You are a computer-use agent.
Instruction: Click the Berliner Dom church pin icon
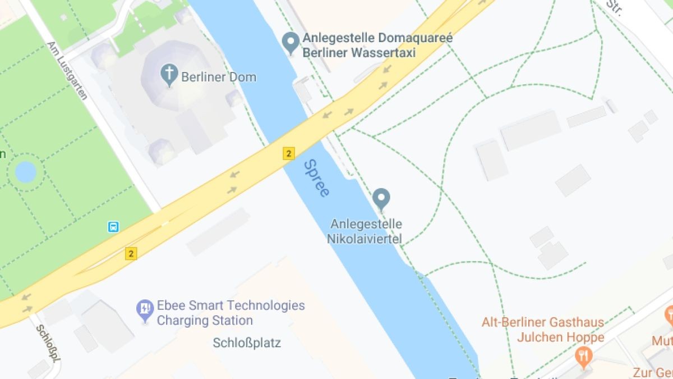pyautogui.click(x=169, y=74)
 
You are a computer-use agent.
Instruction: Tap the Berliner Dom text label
pyautogui.click(x=219, y=77)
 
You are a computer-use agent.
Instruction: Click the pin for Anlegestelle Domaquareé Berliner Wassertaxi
pyautogui.click(x=291, y=42)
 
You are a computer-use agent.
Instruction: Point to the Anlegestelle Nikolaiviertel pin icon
pyautogui.click(x=381, y=199)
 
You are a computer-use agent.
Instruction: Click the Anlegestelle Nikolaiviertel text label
pyautogui.click(x=366, y=231)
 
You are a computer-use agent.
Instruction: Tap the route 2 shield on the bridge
pyautogui.click(x=288, y=153)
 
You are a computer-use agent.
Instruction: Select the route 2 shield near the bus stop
pyautogui.click(x=131, y=254)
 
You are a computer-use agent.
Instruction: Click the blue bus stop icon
pyautogui.click(x=113, y=227)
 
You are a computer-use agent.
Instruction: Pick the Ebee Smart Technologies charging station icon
pyautogui.click(x=145, y=309)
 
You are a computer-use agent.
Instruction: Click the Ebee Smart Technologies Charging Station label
pyautogui.click(x=231, y=313)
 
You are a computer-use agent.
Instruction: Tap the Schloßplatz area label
pyautogui.click(x=247, y=343)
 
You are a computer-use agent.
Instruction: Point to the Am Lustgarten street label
pyautogui.click(x=67, y=70)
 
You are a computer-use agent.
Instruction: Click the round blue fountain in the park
pyautogui.click(x=25, y=172)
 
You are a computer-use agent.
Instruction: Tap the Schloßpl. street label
pyautogui.click(x=48, y=343)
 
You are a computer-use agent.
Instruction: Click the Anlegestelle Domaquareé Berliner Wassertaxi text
pyautogui.click(x=377, y=45)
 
